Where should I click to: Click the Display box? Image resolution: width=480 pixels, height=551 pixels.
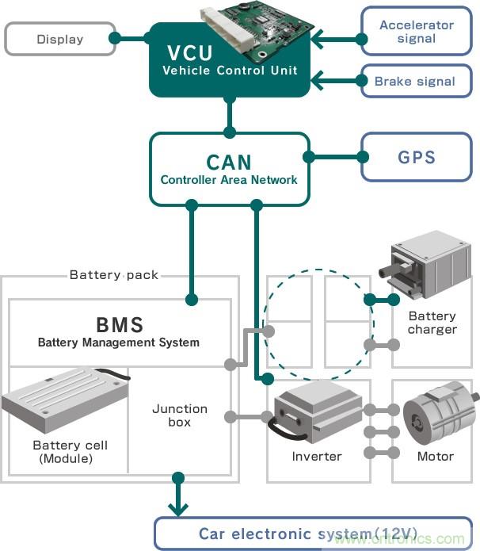[59, 39]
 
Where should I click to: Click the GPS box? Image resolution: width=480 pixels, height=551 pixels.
[417, 156]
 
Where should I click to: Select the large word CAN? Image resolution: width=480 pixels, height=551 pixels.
[229, 162]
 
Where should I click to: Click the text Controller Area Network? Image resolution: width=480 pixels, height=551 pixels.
[229, 180]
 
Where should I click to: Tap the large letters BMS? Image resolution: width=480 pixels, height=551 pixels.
[119, 324]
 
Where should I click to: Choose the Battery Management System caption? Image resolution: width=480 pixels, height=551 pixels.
[119, 342]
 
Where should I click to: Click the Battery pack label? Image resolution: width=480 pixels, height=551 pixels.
[114, 275]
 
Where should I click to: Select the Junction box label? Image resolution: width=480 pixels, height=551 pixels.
[180, 415]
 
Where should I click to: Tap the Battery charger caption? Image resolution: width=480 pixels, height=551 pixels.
[432, 323]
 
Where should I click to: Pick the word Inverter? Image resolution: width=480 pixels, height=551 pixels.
[317, 456]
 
